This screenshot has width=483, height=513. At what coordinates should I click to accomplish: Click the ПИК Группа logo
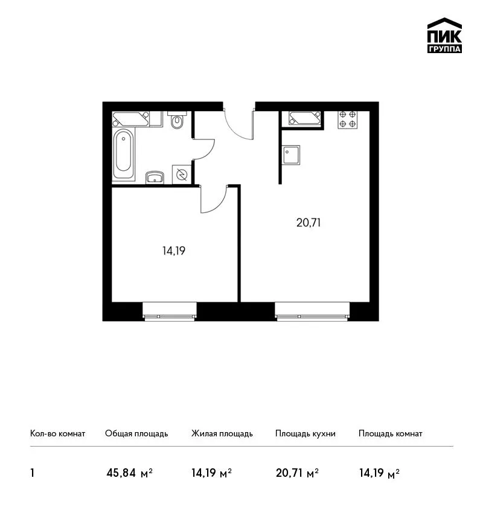point(444,36)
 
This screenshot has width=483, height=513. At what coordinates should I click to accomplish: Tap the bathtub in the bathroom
point(123,155)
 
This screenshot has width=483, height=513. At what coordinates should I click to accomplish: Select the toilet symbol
point(177,119)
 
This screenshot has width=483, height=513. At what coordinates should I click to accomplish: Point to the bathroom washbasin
point(155,177)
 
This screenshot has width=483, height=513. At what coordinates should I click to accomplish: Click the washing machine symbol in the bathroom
point(182,174)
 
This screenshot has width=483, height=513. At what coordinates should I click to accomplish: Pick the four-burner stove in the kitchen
point(348,119)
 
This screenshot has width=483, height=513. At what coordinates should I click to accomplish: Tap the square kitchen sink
point(290,155)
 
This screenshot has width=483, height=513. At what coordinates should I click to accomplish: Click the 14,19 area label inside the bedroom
point(174,251)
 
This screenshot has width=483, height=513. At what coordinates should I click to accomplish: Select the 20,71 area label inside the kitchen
point(309,223)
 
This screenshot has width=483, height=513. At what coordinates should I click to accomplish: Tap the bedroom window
point(170,311)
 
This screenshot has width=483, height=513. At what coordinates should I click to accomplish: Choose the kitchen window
point(312,311)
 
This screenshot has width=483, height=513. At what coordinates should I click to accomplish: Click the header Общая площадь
point(136,434)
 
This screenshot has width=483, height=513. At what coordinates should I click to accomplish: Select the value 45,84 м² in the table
point(130,473)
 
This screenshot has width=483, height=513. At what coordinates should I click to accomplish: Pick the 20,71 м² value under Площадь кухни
point(298,473)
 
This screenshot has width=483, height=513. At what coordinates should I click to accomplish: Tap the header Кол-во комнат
point(57,434)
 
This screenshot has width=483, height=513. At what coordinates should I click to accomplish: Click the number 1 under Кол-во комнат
point(32,473)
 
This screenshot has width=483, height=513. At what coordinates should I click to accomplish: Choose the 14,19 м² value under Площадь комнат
point(379,473)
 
